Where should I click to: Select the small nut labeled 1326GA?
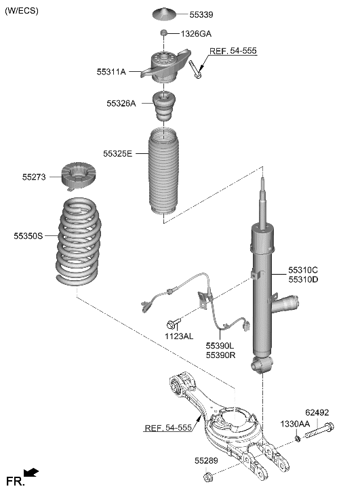pyautogui.click(x=163, y=33)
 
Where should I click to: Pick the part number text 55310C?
pyautogui.click(x=302, y=270)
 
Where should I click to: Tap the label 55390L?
pyautogui.click(x=220, y=345)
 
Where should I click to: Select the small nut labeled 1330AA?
pyautogui.click(x=298, y=439)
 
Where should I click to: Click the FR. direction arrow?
pyautogui.click(x=31, y=473)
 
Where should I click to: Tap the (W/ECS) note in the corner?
pyautogui.click(x=22, y=10)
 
